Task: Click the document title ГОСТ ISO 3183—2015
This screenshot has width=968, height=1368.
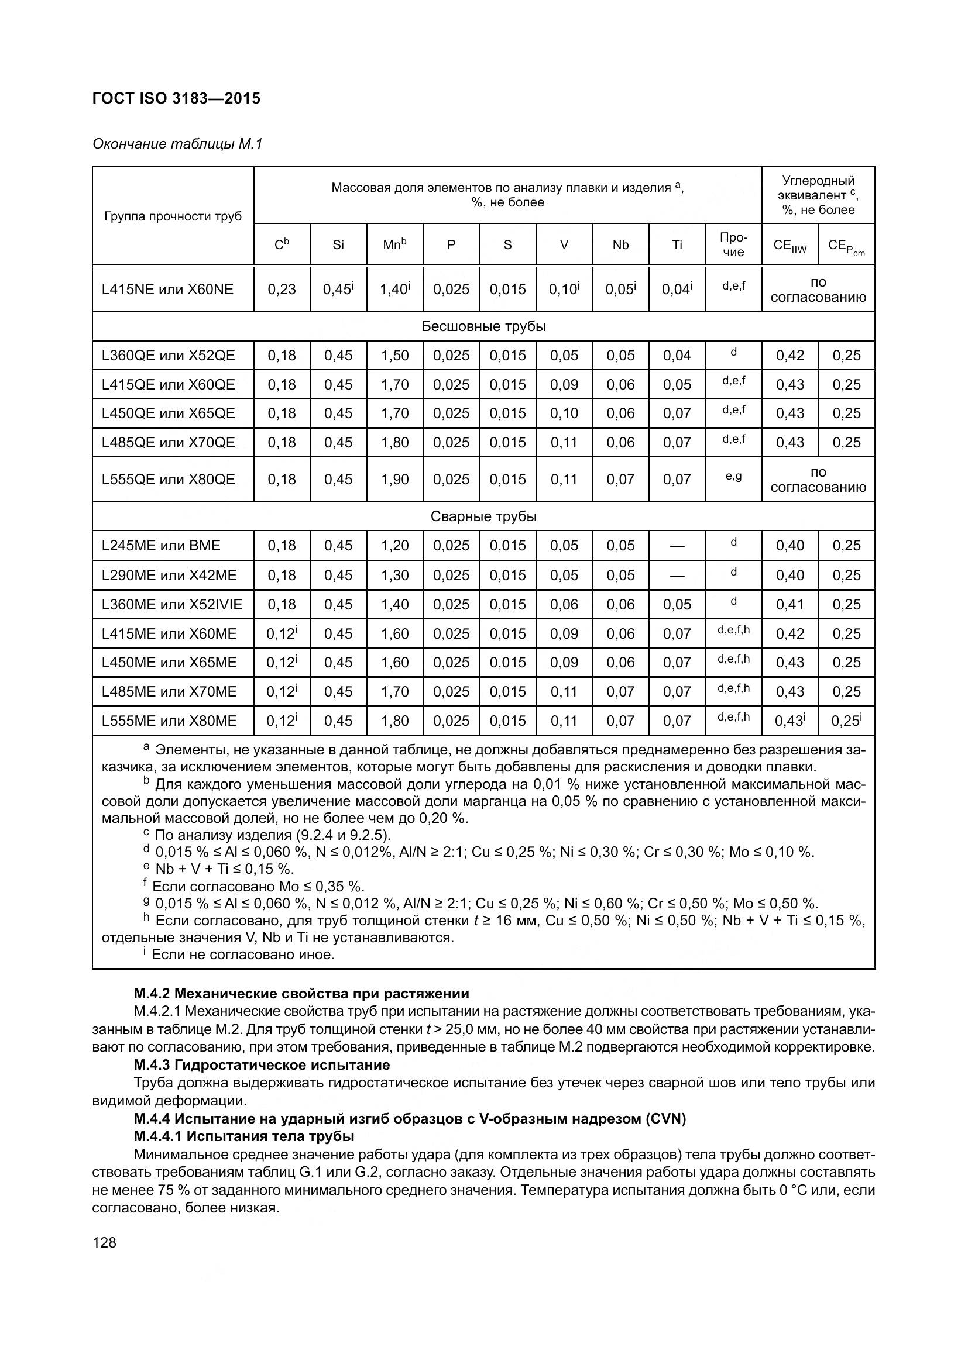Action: tap(176, 98)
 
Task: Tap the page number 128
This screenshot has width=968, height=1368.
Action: tap(104, 1242)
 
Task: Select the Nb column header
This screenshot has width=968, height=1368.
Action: tap(620, 245)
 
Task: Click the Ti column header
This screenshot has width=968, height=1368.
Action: tap(677, 245)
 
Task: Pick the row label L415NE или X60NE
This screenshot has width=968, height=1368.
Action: tap(167, 290)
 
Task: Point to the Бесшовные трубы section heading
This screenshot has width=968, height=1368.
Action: tap(483, 326)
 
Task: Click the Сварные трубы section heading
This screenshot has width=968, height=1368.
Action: tap(483, 516)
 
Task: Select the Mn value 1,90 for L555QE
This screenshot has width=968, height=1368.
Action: tap(394, 480)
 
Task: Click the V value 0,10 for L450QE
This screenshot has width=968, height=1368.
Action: tap(564, 413)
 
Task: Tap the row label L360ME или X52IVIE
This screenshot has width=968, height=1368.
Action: tap(172, 605)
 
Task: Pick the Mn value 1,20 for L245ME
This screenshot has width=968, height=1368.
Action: tap(394, 546)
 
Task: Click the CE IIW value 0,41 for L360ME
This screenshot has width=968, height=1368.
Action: tap(789, 605)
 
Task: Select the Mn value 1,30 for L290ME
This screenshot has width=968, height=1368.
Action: tap(394, 576)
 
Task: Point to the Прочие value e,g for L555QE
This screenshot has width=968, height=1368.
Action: tap(733, 477)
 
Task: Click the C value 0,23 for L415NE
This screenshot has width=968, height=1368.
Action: tap(282, 290)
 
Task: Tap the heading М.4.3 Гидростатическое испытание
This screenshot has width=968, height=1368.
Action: tap(262, 1064)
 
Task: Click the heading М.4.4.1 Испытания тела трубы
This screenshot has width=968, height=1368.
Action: tap(244, 1136)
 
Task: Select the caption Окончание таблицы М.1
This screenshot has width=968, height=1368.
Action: tap(177, 144)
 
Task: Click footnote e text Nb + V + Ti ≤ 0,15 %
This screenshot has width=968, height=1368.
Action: tap(225, 869)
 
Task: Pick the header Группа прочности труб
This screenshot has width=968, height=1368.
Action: tap(173, 216)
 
